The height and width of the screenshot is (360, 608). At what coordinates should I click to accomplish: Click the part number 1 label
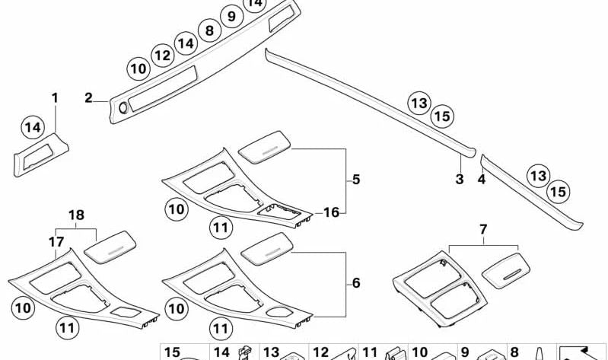click(55, 97)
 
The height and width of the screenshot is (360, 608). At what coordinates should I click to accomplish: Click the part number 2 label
click(89, 97)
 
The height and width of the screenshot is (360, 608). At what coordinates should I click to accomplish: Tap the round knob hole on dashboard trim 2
click(123, 108)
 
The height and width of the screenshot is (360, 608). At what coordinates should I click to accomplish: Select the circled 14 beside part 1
click(33, 127)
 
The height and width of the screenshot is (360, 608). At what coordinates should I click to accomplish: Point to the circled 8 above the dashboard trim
click(209, 30)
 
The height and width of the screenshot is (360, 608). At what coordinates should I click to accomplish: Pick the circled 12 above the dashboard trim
click(163, 56)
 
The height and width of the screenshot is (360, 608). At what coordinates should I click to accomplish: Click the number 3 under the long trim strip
click(460, 179)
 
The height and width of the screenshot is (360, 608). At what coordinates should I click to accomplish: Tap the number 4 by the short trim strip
click(482, 179)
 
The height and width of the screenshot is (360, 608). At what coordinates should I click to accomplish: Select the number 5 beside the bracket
click(356, 180)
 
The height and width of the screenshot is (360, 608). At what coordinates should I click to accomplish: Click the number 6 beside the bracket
click(356, 283)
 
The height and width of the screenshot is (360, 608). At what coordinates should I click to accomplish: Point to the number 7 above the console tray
click(483, 229)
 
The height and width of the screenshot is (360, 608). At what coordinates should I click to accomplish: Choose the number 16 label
click(331, 212)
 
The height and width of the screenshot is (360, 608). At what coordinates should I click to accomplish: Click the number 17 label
click(56, 242)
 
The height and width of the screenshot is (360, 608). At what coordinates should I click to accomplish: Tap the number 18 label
click(76, 215)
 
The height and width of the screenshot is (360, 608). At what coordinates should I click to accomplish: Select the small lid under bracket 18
click(110, 247)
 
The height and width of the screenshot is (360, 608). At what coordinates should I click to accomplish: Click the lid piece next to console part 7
click(506, 270)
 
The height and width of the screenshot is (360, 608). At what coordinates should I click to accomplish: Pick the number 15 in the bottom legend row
click(172, 352)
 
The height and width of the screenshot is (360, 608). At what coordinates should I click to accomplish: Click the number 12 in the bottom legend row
click(320, 352)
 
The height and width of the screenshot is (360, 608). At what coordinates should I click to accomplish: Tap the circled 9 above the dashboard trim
click(231, 16)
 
